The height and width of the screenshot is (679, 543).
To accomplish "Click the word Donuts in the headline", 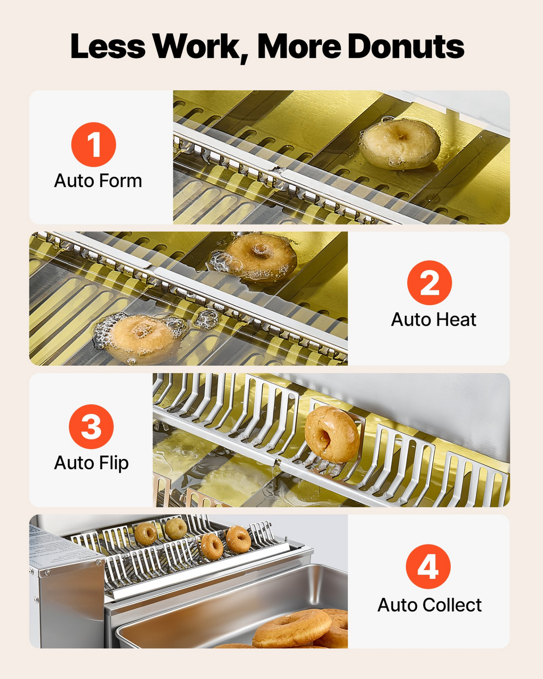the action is pyautogui.click(x=406, y=46).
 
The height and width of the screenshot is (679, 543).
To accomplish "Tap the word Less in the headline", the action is pyautogui.click(x=108, y=46).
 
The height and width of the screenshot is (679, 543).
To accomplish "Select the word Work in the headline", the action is pyautogui.click(x=200, y=48).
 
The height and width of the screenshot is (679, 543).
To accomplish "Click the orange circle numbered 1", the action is pyautogui.click(x=94, y=144).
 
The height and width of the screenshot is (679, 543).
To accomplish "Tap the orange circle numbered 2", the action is pyautogui.click(x=429, y=282).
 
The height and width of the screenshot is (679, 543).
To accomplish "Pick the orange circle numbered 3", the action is pyautogui.click(x=91, y=426).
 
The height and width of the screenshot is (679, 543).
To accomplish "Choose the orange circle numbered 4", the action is pyautogui.click(x=428, y=567).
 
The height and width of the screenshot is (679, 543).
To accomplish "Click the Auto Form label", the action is pyautogui.click(x=98, y=181).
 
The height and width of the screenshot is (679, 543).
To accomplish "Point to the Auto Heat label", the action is pyautogui.click(x=433, y=320).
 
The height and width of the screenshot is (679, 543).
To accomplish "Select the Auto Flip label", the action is pyautogui.click(x=91, y=463).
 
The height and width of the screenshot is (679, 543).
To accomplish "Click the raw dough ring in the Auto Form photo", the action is pyautogui.click(x=400, y=143).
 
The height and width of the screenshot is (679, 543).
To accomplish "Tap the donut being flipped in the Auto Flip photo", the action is pyautogui.click(x=332, y=435).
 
